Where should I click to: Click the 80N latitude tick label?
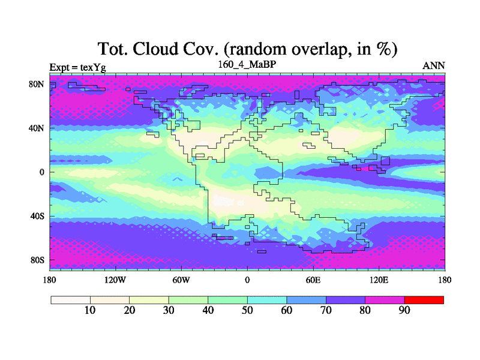click(36, 84)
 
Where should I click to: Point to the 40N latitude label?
click(36, 128)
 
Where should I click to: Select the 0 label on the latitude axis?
click(41, 172)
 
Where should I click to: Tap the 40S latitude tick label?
click(37, 216)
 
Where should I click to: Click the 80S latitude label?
click(37, 260)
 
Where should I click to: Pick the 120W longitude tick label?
click(115, 280)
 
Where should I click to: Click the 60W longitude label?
click(181, 280)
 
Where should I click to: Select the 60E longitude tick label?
click(313, 280)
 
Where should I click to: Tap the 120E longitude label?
click(379, 280)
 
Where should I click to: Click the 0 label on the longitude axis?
click(247, 280)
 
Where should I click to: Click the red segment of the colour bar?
click(424, 300)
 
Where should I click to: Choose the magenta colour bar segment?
click(385, 300)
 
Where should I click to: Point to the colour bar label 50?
click(247, 310)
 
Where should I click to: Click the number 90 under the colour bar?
click(404, 310)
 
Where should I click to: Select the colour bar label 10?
click(90, 310)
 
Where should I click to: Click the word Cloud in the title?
click(155, 49)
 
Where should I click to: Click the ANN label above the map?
click(433, 66)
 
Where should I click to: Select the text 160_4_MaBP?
click(247, 65)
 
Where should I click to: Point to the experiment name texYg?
click(93, 68)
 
